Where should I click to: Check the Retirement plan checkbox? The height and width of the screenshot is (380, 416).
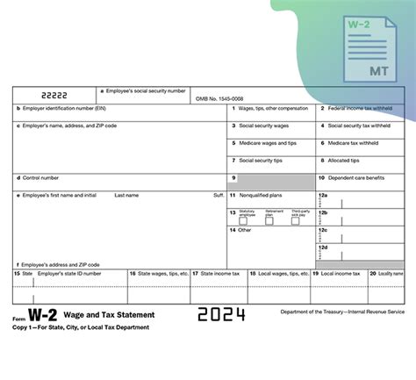point(269,220)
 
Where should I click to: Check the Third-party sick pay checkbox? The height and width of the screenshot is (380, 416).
point(296,220)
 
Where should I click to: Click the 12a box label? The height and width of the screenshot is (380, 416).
point(324,195)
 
